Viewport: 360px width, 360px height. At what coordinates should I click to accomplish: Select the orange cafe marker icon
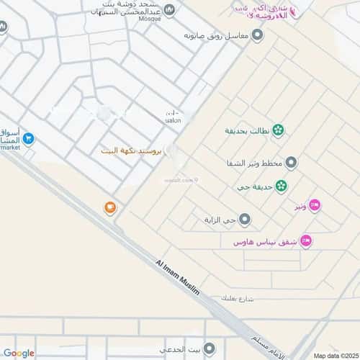[x=109, y=208]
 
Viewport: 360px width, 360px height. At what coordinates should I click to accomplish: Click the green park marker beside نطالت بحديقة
[x=277, y=131]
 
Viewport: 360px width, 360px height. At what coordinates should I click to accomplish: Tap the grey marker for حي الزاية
[x=245, y=219]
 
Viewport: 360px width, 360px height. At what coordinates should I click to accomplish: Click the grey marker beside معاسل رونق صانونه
[x=258, y=35]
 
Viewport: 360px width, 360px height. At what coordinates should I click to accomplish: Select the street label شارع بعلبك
[x=238, y=297]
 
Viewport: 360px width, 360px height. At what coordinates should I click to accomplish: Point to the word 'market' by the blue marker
[x=10, y=147]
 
